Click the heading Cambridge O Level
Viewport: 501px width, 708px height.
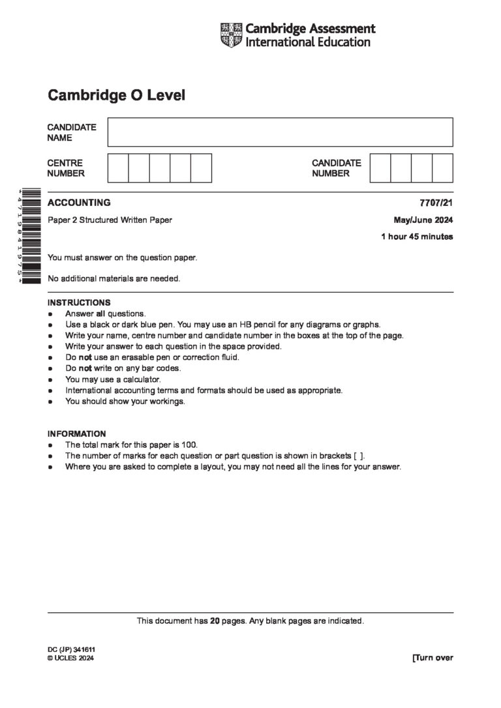(x=116, y=96)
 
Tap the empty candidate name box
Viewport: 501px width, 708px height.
(x=280, y=132)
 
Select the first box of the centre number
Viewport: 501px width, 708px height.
(x=118, y=168)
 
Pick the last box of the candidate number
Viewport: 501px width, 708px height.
(x=442, y=168)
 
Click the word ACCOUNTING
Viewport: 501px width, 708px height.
(x=79, y=203)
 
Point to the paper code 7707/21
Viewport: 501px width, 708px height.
(x=437, y=203)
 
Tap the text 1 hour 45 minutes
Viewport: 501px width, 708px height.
(x=416, y=237)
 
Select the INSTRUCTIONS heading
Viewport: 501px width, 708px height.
(x=79, y=302)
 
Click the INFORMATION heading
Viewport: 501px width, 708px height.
(x=76, y=434)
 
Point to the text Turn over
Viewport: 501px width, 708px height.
(x=433, y=657)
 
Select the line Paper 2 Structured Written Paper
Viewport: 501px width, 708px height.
(x=110, y=220)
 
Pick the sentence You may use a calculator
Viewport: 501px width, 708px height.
(x=112, y=379)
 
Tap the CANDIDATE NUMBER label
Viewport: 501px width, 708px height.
(x=336, y=168)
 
